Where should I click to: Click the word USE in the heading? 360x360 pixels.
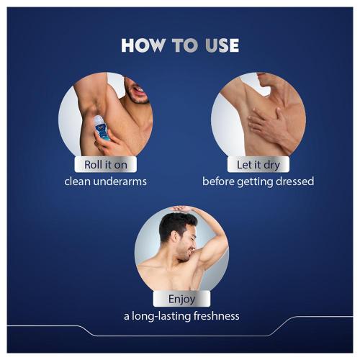point(217,45)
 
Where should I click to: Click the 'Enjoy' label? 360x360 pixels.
point(181,299)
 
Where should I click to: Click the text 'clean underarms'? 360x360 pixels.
point(105,181)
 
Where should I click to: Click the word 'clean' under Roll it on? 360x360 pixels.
point(78,181)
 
